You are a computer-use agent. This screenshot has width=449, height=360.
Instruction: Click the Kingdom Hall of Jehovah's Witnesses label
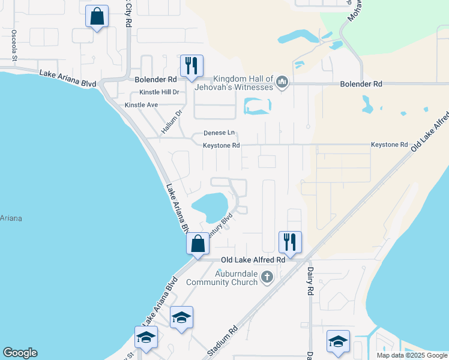234,83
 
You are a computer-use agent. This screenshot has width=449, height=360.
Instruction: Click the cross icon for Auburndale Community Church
267,277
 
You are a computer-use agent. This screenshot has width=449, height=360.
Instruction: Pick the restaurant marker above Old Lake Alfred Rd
290,242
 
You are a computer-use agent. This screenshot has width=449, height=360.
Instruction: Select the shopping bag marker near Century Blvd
197,244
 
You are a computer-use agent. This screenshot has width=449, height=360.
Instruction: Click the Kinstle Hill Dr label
159,92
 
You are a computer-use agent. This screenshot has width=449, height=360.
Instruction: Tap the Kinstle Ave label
141,105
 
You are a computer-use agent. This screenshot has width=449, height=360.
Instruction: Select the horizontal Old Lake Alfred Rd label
253,260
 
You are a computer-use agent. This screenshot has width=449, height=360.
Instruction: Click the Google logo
20,353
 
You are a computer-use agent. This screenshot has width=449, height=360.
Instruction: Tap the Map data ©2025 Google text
411,355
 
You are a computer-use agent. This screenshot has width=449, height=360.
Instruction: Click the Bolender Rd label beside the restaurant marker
156,79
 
